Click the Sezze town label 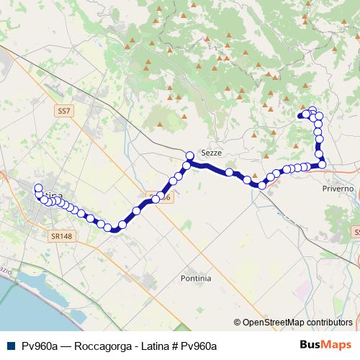pyautogui.click(x=211, y=154)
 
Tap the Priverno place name pyautogui.click(x=338, y=188)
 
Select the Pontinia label pyautogui.click(x=197, y=277)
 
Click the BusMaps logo pyautogui.click(x=325, y=345)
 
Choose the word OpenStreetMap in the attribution pyautogui.click(x=271, y=323)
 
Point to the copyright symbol pyautogui.click(x=237, y=323)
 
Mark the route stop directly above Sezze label pyautogui.click(x=190, y=156)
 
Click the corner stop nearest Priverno pyautogui.click(x=322, y=165)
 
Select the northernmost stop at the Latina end pyautogui.click(x=38, y=189)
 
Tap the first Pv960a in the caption pyautogui.click(x=40, y=346)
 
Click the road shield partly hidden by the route pyautogui.click(x=163, y=196)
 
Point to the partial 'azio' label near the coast pyautogui.click(x=6, y=271)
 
